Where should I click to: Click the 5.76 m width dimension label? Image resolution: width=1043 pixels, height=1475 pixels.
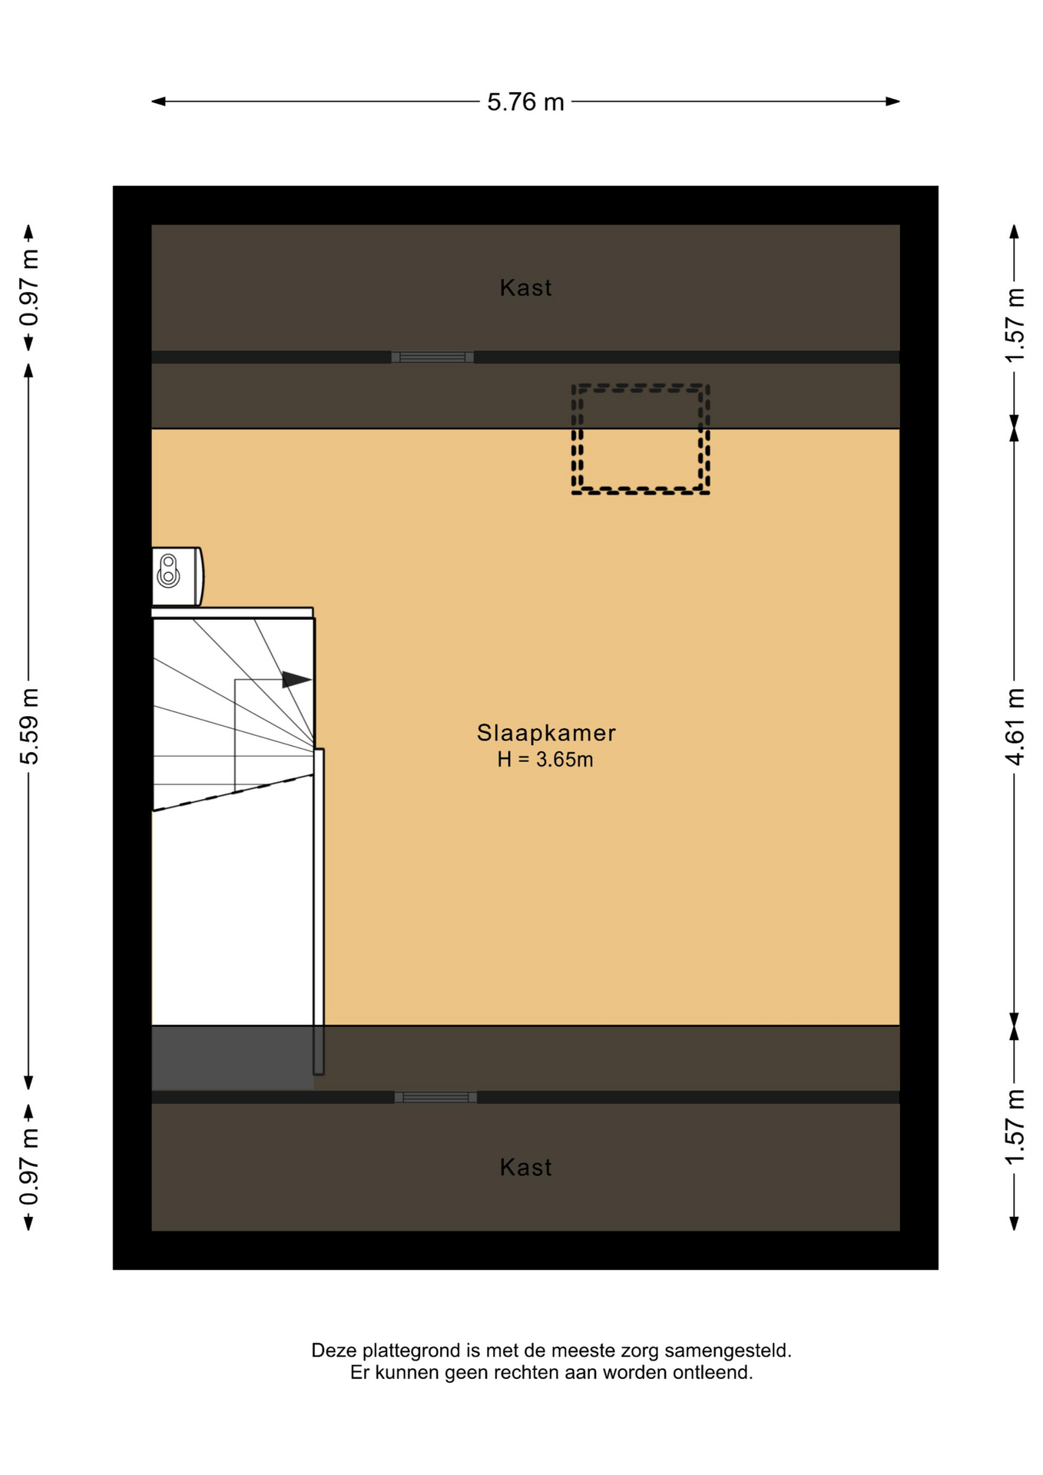[525, 102]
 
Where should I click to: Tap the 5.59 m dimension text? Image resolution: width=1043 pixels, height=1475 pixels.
[29, 726]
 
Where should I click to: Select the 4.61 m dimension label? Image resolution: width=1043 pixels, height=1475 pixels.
[1015, 726]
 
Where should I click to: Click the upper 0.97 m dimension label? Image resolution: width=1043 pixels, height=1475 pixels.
[29, 288]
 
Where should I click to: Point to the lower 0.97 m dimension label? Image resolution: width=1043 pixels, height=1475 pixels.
[29, 1167]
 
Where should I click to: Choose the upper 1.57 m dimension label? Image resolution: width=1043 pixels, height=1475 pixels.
[1015, 326]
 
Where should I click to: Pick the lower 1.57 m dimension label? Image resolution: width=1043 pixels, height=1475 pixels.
[1015, 1127]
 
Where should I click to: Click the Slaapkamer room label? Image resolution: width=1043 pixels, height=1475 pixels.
[546, 733]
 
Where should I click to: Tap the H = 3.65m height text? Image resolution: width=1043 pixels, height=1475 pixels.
[545, 760]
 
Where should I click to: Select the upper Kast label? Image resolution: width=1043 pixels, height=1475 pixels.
[525, 287]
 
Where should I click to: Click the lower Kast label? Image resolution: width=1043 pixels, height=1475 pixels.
[525, 1167]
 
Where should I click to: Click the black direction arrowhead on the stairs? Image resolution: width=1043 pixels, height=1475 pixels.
[296, 679]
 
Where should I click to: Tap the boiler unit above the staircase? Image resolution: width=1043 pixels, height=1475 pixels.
[177, 576]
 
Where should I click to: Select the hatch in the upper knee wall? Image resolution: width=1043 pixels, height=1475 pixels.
[432, 357]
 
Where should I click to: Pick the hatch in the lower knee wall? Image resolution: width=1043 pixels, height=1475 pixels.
[435, 1097]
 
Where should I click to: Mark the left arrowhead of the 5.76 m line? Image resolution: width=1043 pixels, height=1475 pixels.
[158, 101]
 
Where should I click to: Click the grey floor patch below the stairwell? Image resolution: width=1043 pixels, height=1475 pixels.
[232, 1058]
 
